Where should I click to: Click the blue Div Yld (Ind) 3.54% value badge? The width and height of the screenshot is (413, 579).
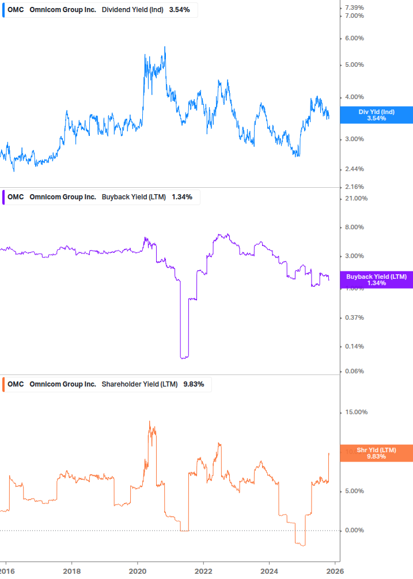coord(377,115)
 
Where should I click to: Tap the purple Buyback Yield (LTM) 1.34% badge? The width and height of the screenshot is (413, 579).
coord(377,280)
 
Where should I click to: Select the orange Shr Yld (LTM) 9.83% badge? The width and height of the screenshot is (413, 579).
coord(377,453)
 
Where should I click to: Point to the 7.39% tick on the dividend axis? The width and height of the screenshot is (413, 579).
coord(354,7)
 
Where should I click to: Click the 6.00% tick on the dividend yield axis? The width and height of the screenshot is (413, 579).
coord(354,39)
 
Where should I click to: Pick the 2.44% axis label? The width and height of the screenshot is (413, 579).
coord(354,169)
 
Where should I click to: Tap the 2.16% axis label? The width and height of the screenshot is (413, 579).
coord(354,187)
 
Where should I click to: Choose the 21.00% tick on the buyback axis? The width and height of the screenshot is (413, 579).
coord(355,199)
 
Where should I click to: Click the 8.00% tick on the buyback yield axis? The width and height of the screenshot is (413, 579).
coord(354,228)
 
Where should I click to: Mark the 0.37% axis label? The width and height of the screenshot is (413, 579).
coord(354,318)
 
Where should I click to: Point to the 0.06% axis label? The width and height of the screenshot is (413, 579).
coord(354,372)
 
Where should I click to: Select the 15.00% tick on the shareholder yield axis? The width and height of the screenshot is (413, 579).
coord(355,413)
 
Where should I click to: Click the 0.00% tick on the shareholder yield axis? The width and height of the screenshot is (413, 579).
coord(354,531)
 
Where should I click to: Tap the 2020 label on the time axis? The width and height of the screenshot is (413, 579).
coord(138,571)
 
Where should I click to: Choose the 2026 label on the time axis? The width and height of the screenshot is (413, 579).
coord(335,571)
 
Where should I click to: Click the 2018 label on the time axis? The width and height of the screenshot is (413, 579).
coord(71,571)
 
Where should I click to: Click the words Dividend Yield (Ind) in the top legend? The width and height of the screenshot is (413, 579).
coord(133,10)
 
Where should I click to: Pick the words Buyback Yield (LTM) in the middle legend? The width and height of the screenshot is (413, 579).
coord(134,197)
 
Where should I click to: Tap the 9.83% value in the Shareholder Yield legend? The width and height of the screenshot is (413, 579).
coord(194,384)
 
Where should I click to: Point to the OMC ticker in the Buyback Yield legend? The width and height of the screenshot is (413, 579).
coord(16,197)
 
